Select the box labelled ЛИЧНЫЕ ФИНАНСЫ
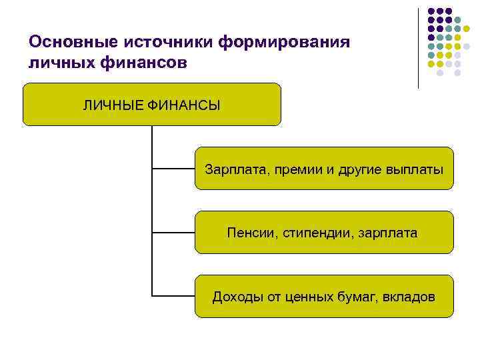(152, 105)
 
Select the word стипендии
(317, 233)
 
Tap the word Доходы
(237, 297)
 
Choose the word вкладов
(410, 297)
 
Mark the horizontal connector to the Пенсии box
(173, 232)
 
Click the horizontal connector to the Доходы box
(173, 295)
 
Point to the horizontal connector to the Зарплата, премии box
(173, 168)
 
